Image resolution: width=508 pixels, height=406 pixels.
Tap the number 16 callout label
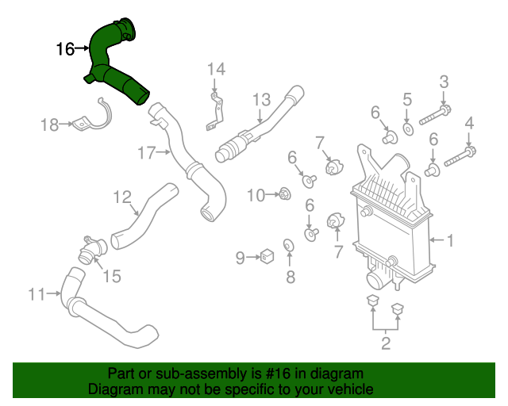pyautogui.click(x=65, y=49)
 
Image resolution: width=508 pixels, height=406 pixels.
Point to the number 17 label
pyautogui.click(x=147, y=153)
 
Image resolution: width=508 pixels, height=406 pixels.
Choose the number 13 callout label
pyautogui.click(x=262, y=99)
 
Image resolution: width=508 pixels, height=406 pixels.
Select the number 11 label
pyautogui.click(x=37, y=295)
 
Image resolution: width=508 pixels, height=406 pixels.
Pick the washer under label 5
pyautogui.click(x=407, y=128)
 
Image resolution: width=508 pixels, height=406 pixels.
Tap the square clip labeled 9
pyautogui.click(x=267, y=256)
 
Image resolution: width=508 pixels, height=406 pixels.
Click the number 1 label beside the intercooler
pyautogui.click(x=449, y=239)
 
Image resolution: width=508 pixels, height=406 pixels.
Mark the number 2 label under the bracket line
pyautogui.click(x=386, y=343)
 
